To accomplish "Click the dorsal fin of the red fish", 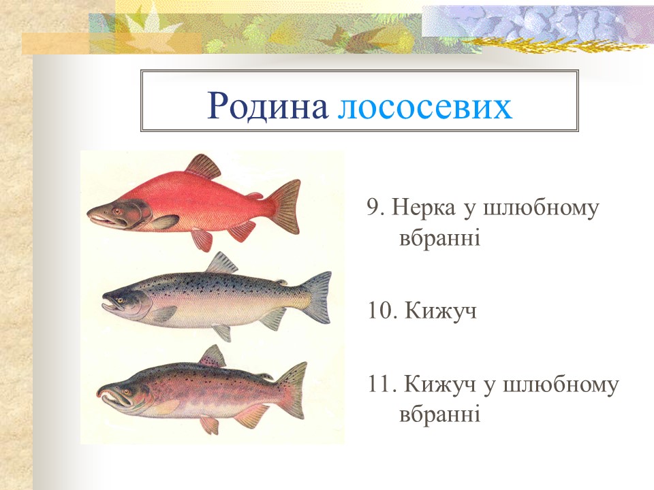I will pyautogui.click(x=203, y=166).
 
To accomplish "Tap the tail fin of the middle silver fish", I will pyautogui.click(x=317, y=297).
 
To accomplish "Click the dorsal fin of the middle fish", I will pyautogui.click(x=221, y=263).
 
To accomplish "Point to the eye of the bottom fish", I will pyautogui.click(x=124, y=391).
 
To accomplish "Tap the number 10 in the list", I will pyautogui.click(x=379, y=312).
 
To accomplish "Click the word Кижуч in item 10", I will pyautogui.click(x=440, y=312).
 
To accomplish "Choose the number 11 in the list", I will pyautogui.click(x=379, y=385).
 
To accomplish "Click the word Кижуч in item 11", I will pyautogui.click(x=440, y=385).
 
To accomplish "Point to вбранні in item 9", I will pyautogui.click(x=439, y=238).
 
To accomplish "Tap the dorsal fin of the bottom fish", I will pyautogui.click(x=213, y=356).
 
